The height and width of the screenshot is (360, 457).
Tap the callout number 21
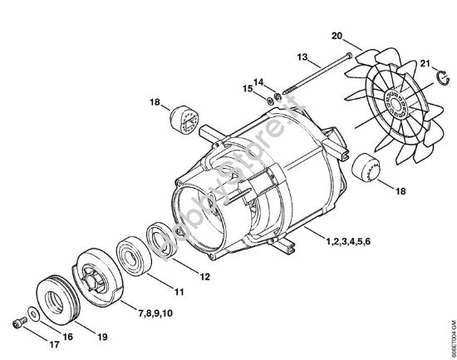[x=425, y=63]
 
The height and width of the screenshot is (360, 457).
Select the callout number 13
[x=302, y=57]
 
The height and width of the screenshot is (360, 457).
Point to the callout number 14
[x=258, y=82]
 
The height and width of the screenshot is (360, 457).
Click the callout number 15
[x=247, y=88]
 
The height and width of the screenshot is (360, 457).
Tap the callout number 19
[x=103, y=337]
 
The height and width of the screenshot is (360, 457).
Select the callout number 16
[x=68, y=336]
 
